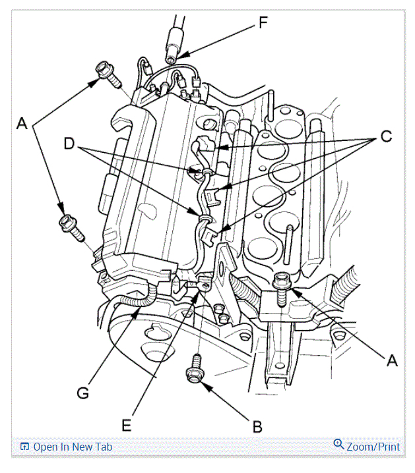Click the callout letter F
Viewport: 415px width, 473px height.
(263, 24)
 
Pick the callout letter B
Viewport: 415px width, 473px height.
(257, 426)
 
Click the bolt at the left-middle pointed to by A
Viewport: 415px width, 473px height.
(69, 225)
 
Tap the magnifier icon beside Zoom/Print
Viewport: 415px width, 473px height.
(339, 445)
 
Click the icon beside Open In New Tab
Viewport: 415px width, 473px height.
(24, 447)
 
